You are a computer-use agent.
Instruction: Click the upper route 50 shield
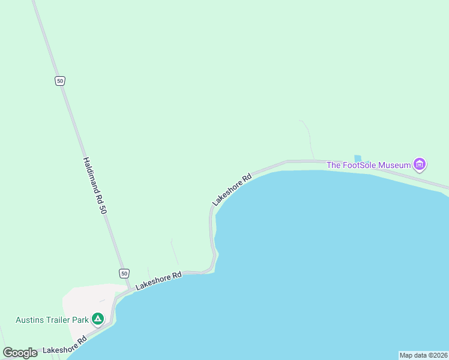(x=59, y=81)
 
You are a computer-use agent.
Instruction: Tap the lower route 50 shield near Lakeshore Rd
(x=124, y=273)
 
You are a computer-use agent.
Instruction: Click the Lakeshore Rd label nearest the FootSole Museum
(x=232, y=190)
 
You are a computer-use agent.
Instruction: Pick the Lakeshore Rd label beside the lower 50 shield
(x=158, y=281)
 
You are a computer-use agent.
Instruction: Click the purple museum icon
(x=420, y=164)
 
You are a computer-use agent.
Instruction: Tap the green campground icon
(x=98, y=319)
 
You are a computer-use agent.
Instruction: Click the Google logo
(x=20, y=353)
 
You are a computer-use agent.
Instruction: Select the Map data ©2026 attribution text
(x=423, y=355)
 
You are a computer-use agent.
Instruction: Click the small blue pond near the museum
(x=358, y=158)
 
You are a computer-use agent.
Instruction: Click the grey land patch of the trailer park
(x=81, y=300)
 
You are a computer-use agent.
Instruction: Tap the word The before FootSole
(x=333, y=165)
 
